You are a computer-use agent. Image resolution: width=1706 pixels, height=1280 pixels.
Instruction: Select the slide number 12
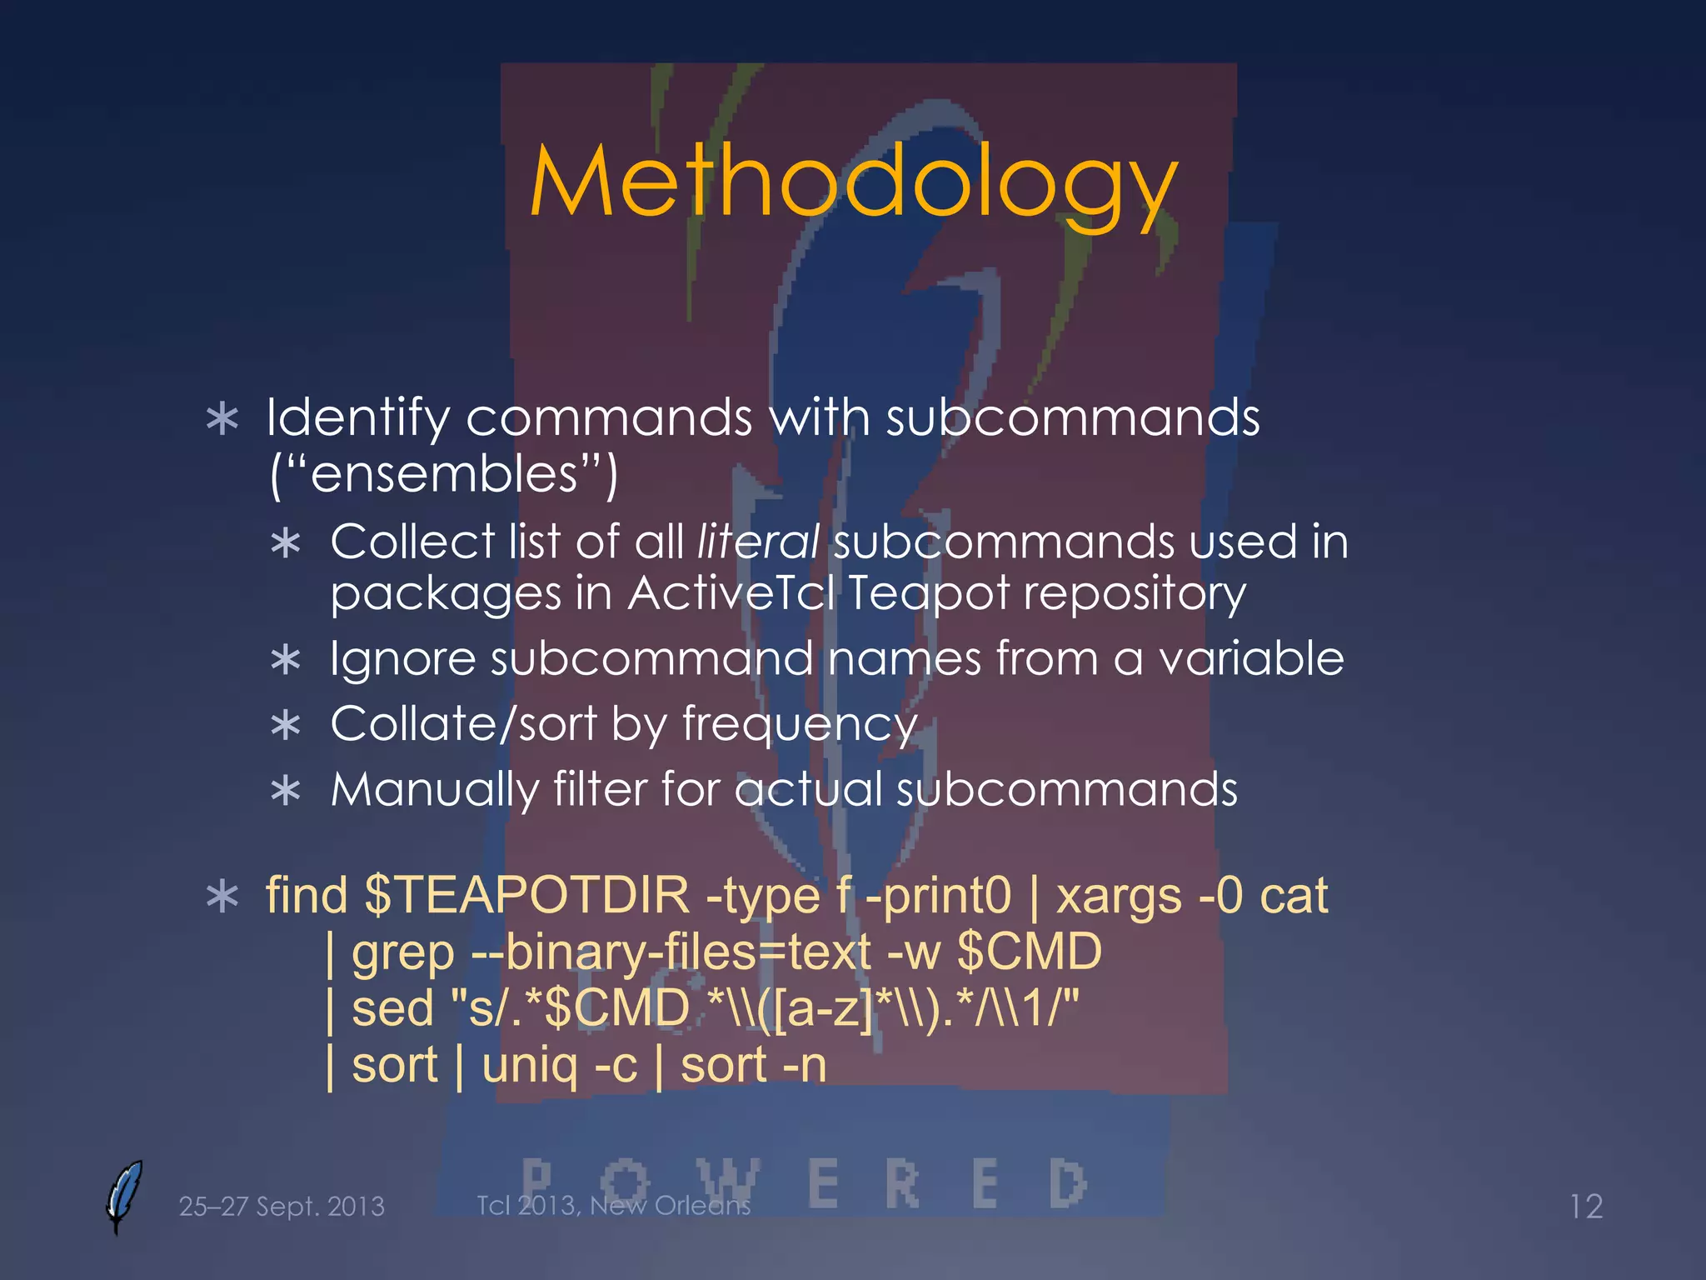pyautogui.click(x=1585, y=1206)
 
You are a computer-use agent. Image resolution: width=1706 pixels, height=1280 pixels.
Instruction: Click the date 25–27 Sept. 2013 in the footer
pyautogui.click(x=282, y=1206)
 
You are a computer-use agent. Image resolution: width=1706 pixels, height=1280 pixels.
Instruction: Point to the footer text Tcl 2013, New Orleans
pyautogui.click(x=613, y=1205)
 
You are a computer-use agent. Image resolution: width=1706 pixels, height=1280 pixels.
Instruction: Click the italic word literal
pyautogui.click(x=758, y=542)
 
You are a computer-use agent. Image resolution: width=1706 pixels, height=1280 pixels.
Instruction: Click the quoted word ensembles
pyautogui.click(x=444, y=473)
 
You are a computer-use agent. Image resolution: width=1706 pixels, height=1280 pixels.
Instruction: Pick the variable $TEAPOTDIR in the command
pyautogui.click(x=527, y=896)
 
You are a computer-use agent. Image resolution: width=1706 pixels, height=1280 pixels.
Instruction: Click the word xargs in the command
pyautogui.click(x=1119, y=897)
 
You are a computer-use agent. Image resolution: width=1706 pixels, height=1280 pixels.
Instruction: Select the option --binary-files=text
pyautogui.click(x=671, y=952)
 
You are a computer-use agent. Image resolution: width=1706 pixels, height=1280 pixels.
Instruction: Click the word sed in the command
pyautogui.click(x=393, y=1007)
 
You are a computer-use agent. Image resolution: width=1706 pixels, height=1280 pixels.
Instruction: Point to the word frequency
pyautogui.click(x=799, y=724)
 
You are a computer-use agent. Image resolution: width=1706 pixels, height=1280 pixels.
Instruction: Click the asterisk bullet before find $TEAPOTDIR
pyautogui.click(x=222, y=897)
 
